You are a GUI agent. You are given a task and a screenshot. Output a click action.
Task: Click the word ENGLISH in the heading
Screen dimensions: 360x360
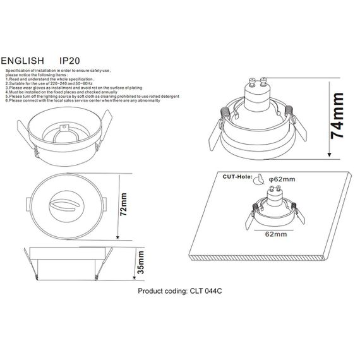(24, 57)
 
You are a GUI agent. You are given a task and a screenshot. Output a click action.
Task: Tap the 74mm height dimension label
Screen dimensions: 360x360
(339, 116)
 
